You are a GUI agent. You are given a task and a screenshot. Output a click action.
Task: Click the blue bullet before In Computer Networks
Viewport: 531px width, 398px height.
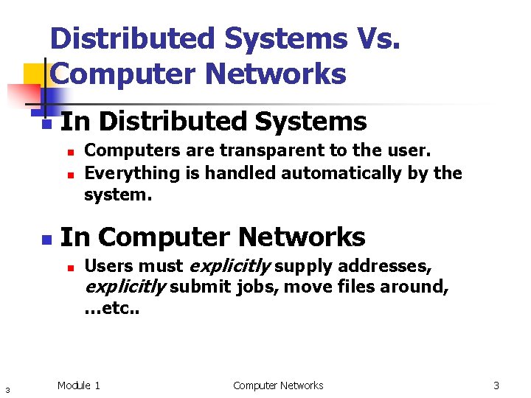[x=46, y=240]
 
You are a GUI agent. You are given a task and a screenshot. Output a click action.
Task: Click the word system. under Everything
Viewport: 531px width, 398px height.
[x=118, y=195]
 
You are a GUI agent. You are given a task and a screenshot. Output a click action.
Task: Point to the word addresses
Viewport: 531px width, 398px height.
[x=385, y=265]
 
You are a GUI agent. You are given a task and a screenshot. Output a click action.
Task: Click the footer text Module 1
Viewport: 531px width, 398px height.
[x=79, y=385]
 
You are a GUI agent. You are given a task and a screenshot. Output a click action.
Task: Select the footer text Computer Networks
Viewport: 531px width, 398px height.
[x=278, y=385]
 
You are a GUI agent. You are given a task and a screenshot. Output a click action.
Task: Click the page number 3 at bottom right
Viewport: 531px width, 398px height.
[x=496, y=385]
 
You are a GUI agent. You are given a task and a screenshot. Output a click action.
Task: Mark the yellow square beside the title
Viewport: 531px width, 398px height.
[x=35, y=74]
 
